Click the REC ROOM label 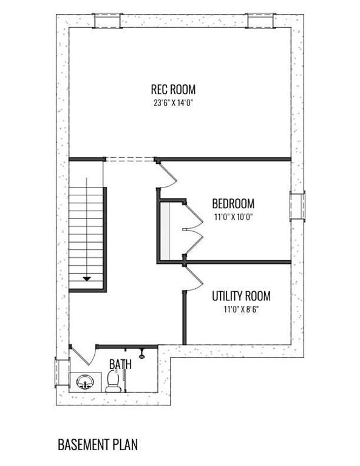173,89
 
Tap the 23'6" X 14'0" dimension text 173,103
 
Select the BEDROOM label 233,204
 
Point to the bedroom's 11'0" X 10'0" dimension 233,217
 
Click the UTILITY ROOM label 241,296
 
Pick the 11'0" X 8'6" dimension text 241,309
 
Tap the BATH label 120,364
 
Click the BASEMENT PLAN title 98,445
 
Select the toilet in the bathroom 114,381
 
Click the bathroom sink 85,382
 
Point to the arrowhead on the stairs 87,279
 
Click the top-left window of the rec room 107,21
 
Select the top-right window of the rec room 260,21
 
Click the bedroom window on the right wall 297,206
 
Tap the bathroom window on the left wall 62,373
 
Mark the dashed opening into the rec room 130,160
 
